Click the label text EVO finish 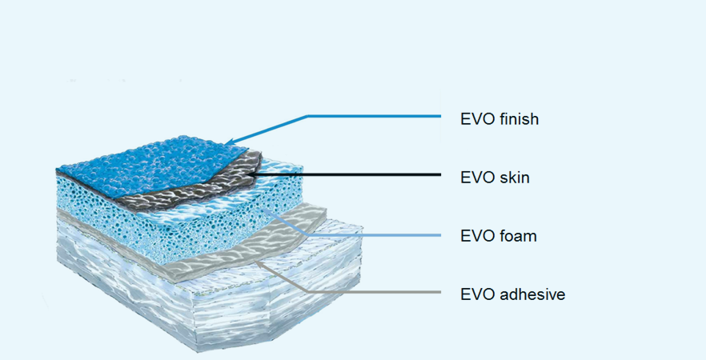click(x=499, y=118)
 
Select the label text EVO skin click(x=495, y=178)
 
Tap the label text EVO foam click(x=499, y=236)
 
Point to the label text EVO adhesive click(x=513, y=294)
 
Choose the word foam click(x=518, y=236)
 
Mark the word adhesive click(x=532, y=294)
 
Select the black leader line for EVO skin click(x=343, y=174)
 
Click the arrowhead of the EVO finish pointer click(x=228, y=142)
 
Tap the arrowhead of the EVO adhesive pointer click(x=259, y=263)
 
